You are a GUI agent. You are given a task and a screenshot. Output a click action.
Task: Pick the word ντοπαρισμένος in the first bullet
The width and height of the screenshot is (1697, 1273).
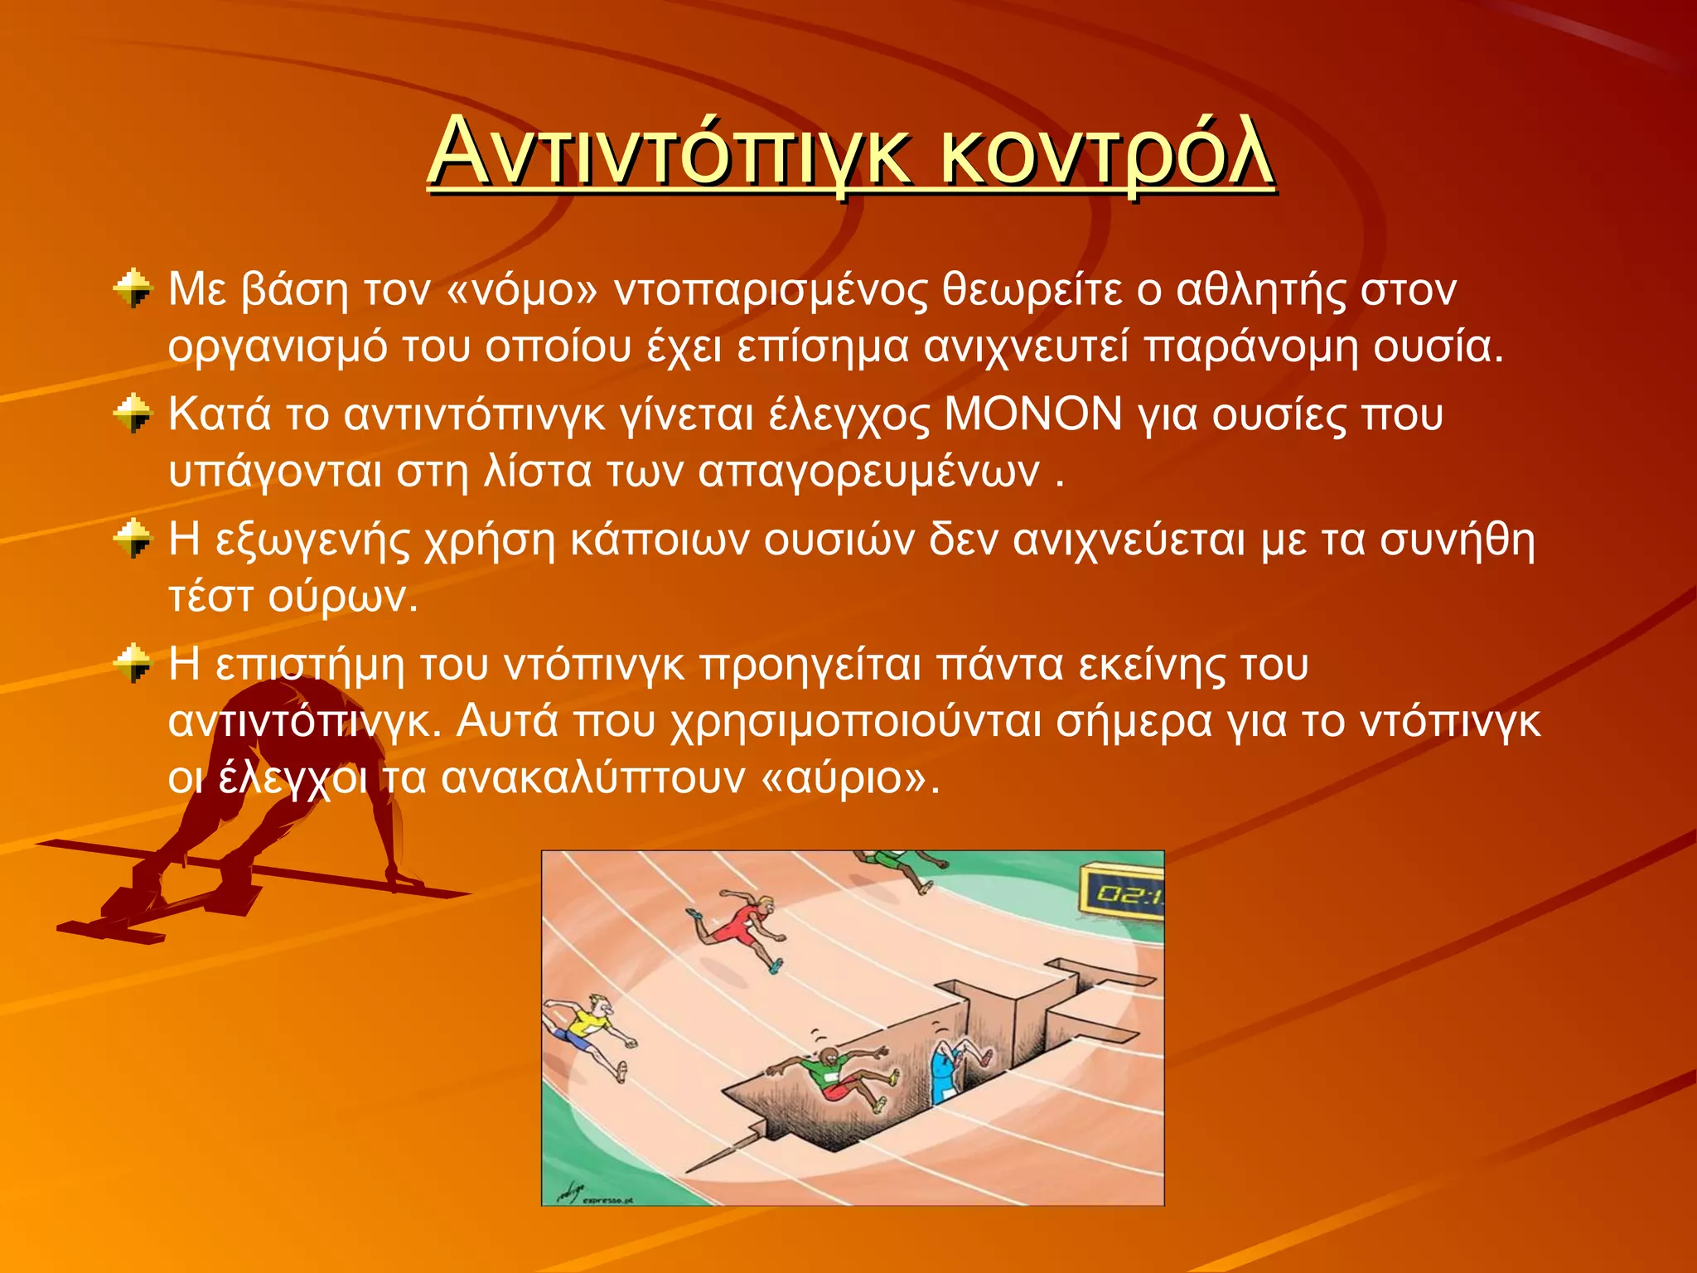771,291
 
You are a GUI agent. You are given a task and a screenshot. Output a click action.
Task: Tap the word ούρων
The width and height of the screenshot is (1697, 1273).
344,597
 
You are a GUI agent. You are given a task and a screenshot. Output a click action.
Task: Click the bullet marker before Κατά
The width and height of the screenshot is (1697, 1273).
133,414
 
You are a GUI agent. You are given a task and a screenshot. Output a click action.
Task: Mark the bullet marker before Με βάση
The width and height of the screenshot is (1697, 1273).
133,288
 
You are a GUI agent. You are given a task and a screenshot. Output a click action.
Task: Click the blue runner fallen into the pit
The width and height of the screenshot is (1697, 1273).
953,1069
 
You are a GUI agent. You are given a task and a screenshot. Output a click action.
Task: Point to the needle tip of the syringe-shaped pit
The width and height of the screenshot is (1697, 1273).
692,1169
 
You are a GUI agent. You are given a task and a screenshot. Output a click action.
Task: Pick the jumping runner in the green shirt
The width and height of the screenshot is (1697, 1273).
833,1077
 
